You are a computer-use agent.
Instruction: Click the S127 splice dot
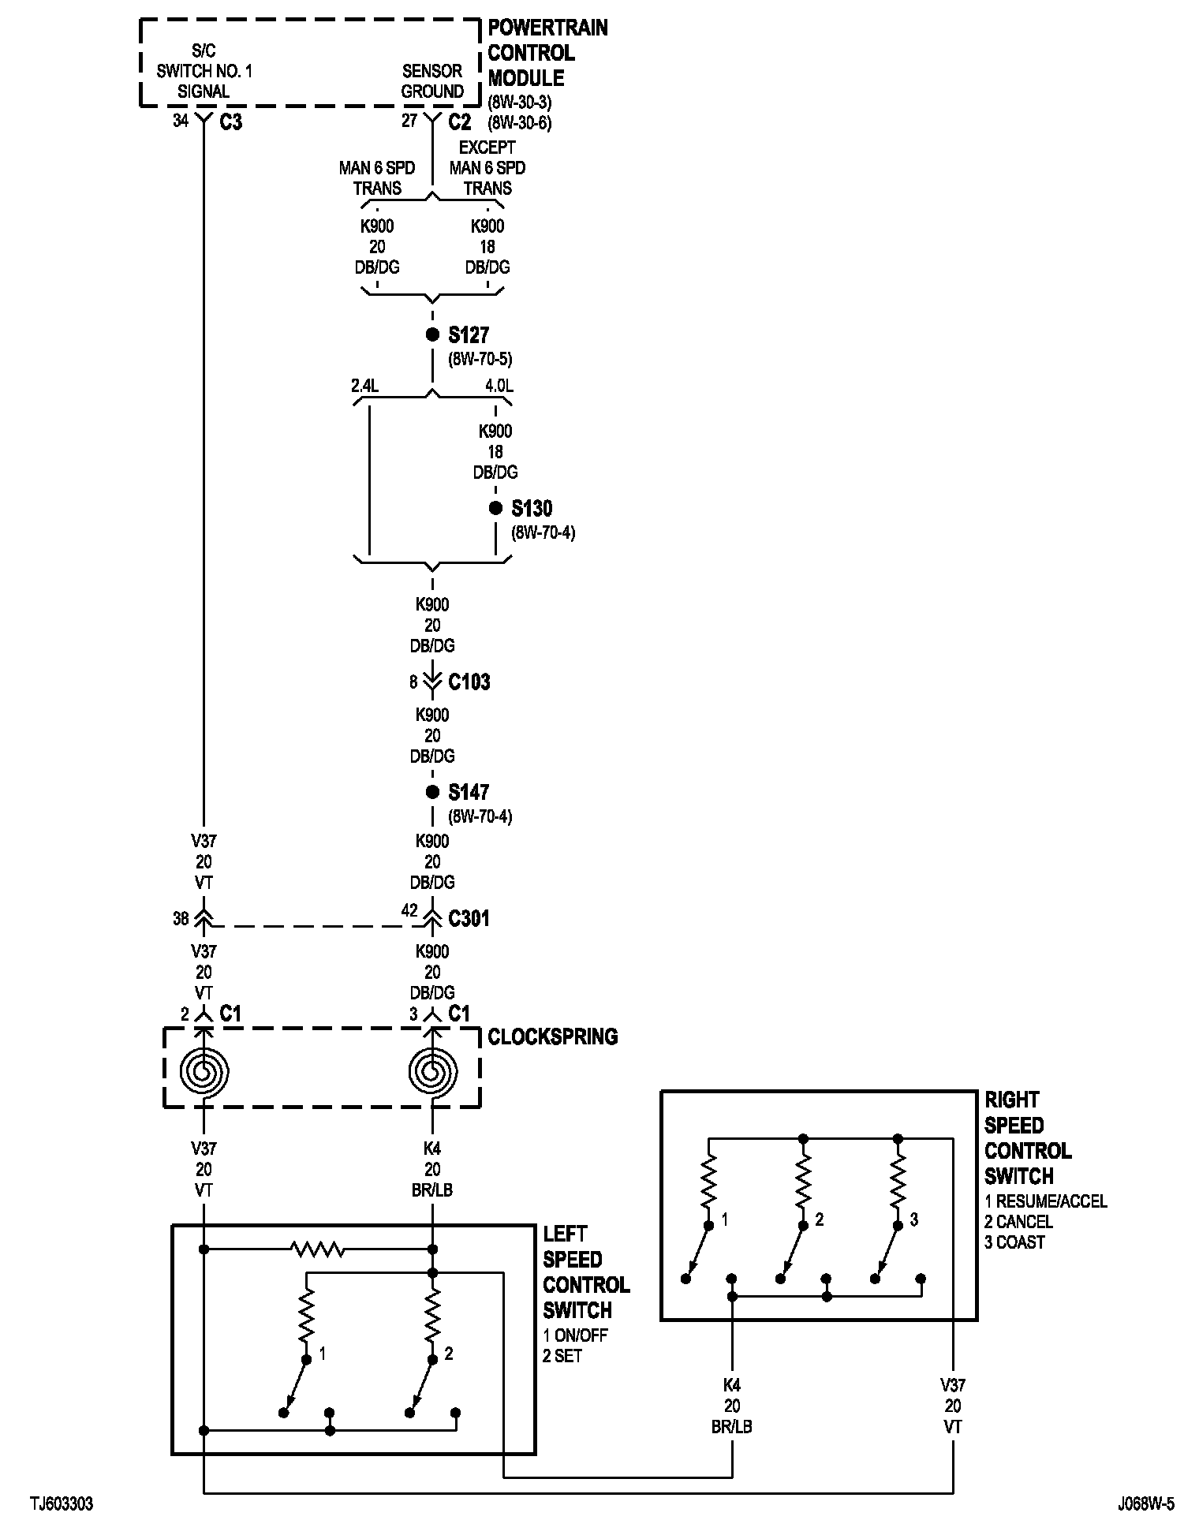pos(432,334)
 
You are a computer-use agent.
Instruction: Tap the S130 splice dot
pos(495,508)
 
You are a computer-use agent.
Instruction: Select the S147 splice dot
pos(432,792)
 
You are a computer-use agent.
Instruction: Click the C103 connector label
pos(469,682)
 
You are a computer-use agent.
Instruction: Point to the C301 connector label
pos(469,918)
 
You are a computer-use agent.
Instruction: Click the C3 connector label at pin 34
pos(230,122)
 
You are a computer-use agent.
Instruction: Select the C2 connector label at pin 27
pos(459,122)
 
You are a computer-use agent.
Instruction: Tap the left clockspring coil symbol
pos(204,1072)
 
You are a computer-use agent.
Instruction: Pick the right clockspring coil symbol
pos(432,1072)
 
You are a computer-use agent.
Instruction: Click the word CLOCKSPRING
pos(552,1036)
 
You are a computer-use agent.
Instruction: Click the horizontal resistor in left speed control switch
pos(317,1249)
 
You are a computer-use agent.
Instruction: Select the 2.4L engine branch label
pos(365,387)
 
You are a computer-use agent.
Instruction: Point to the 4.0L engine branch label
pos(499,387)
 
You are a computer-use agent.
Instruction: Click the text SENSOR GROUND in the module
pos(432,81)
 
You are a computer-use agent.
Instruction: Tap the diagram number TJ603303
pos(62,1504)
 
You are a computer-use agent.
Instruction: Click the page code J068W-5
pos(1145,1504)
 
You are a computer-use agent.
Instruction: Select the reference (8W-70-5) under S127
pos(480,360)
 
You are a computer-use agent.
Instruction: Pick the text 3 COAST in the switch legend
pos(1014,1242)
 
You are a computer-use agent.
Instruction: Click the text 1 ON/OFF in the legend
pos(576,1335)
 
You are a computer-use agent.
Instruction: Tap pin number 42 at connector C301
pos(409,910)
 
